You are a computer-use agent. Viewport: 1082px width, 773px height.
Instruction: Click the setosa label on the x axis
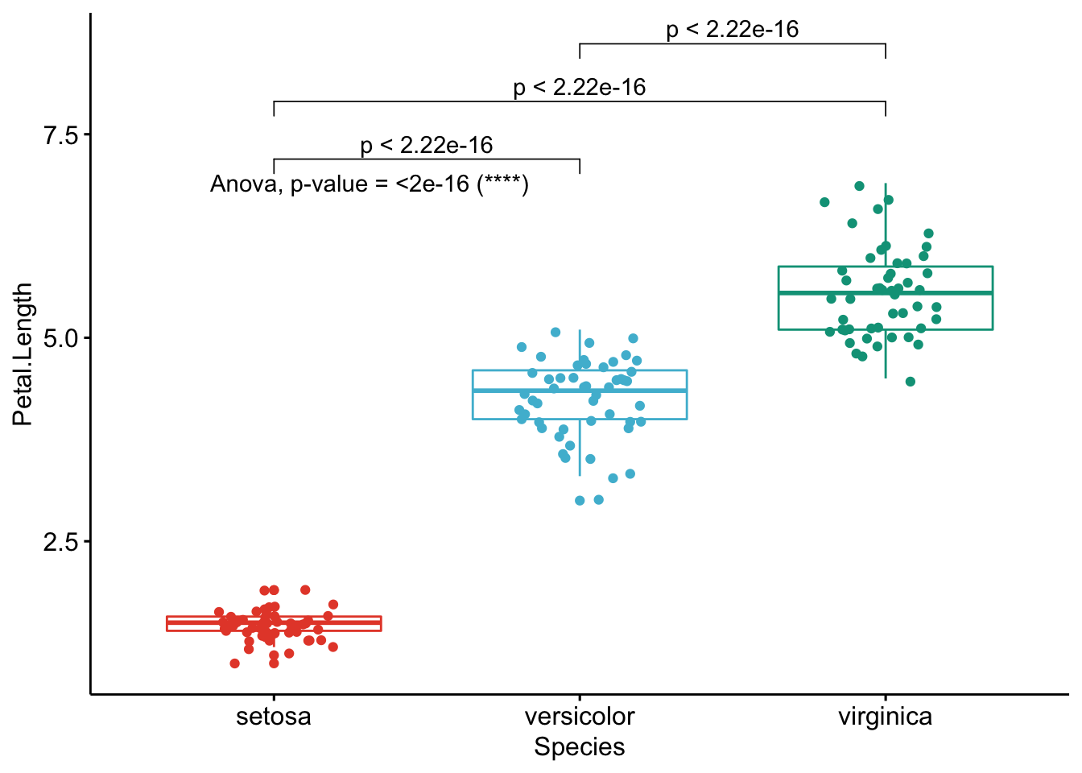(273, 717)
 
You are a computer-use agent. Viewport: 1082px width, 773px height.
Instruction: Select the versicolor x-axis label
(580, 717)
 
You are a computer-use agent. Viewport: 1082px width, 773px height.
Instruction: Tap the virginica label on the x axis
(885, 717)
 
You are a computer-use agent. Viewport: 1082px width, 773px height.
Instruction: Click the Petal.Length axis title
(23, 354)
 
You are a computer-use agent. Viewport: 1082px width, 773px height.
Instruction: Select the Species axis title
(580, 747)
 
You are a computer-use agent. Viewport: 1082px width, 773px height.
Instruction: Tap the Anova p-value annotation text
(370, 184)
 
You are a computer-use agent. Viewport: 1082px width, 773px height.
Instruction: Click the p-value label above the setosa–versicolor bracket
(427, 146)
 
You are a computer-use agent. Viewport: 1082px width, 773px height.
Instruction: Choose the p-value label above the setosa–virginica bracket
(580, 88)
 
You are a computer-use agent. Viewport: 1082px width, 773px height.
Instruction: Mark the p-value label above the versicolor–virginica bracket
(733, 31)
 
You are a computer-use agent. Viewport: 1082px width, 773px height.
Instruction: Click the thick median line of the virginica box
(886, 293)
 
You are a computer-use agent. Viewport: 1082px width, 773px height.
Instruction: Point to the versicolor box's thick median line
(580, 391)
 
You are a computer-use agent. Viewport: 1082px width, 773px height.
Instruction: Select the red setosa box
(274, 623)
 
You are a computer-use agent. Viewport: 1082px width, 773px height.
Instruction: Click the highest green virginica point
(859, 186)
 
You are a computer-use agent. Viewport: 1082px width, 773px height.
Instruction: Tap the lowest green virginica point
(911, 382)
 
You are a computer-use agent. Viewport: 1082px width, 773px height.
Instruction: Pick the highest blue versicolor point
(555, 332)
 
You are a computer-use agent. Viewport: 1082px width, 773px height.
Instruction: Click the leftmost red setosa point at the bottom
(234, 663)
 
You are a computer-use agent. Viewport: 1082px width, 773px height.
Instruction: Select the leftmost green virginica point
(824, 202)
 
